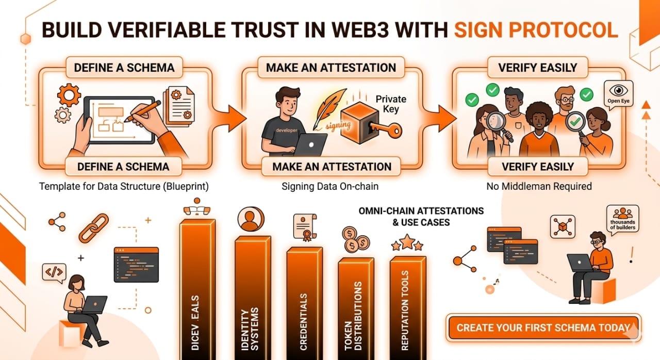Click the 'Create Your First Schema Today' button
pyautogui.click(x=543, y=328)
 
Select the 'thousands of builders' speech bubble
pyautogui.click(x=622, y=219)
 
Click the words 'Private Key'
pyautogui.click(x=390, y=104)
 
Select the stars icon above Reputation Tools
pyautogui.click(x=407, y=243)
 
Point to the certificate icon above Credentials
pyautogui.click(x=304, y=227)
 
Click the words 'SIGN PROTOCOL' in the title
pyautogui.click(x=536, y=30)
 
